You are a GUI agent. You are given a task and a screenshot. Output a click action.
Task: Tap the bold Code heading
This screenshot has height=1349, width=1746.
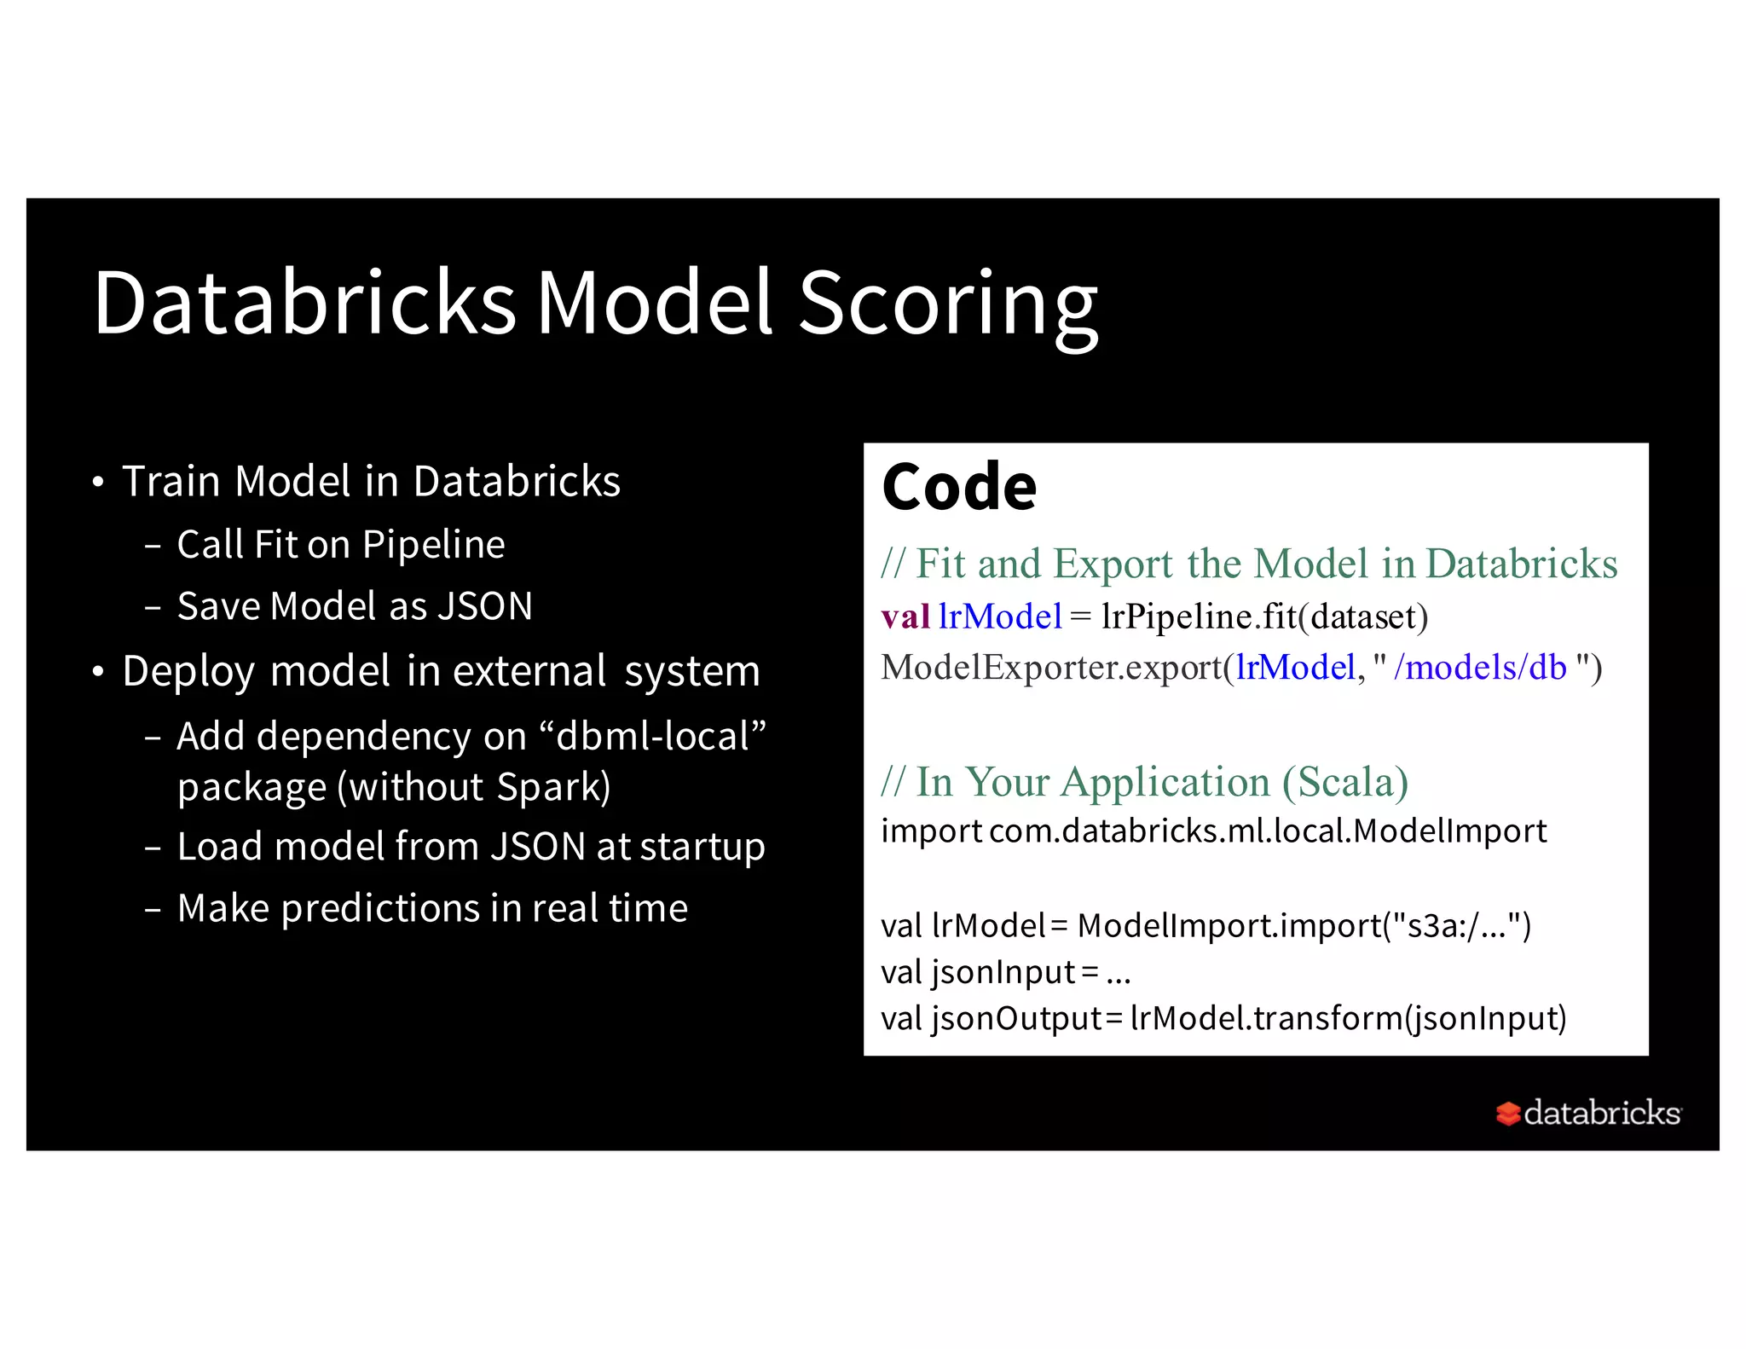tap(958, 487)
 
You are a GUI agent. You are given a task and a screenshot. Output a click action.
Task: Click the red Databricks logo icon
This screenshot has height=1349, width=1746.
tap(1507, 1114)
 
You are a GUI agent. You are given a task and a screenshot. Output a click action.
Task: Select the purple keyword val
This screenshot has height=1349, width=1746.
tap(905, 617)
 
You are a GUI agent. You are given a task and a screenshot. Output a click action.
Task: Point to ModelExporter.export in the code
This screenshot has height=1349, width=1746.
tap(1051, 668)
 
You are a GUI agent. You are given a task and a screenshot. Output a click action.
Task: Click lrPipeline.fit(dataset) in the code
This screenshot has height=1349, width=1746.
tap(1263, 617)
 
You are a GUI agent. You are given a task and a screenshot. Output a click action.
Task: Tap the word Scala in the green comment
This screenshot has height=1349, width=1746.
tap(1344, 782)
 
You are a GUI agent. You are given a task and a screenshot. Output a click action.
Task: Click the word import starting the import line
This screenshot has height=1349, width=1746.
tap(931, 831)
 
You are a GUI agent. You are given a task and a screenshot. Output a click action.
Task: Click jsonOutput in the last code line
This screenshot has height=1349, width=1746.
tap(1016, 1019)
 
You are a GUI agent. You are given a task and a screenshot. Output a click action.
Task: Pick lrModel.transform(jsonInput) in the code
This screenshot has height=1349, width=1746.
tap(1348, 1019)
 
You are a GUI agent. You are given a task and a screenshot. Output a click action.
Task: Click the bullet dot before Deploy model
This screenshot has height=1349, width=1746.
tap(98, 673)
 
